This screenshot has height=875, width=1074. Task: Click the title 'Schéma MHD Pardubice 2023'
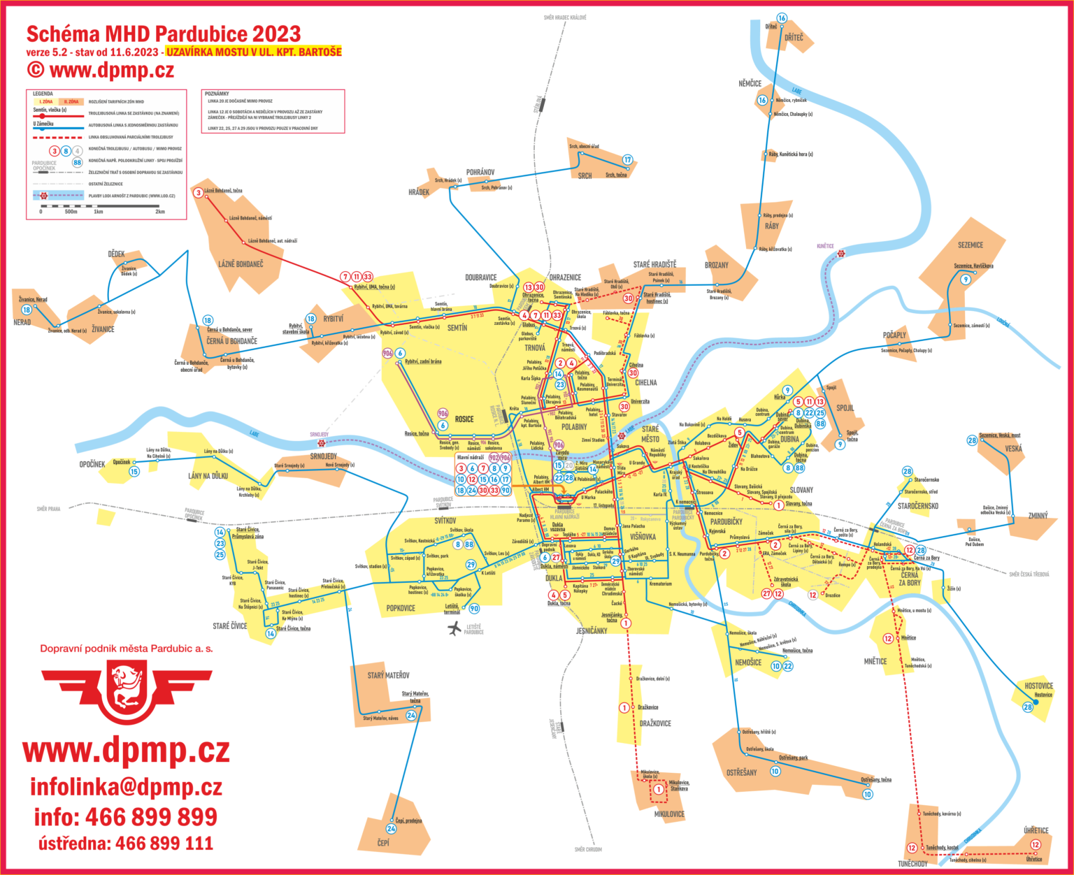point(163,34)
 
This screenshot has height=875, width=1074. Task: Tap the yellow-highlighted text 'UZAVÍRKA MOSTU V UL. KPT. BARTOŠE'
point(254,52)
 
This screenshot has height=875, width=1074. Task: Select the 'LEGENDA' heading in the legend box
point(43,94)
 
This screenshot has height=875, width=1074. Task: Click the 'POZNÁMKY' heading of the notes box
point(217,94)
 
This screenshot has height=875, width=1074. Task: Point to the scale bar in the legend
point(102,206)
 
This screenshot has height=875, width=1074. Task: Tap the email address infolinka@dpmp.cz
point(126,787)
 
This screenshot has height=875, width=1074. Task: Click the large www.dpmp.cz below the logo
point(126,750)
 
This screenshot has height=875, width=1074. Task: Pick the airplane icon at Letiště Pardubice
point(455,628)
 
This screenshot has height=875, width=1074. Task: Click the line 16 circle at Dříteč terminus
point(782,18)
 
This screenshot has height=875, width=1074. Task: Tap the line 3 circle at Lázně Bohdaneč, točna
point(199,193)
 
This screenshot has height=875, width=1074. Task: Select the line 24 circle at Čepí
point(392,829)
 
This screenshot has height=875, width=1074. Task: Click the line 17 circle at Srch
point(627,160)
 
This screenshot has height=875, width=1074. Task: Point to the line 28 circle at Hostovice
point(1028,707)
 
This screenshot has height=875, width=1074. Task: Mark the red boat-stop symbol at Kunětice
point(841,253)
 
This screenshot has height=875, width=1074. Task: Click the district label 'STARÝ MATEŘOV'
point(388,675)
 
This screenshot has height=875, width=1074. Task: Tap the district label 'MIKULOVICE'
point(669,814)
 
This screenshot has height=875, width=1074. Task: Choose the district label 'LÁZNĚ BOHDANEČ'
point(241,264)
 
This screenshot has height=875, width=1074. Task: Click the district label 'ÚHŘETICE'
point(1036,830)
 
